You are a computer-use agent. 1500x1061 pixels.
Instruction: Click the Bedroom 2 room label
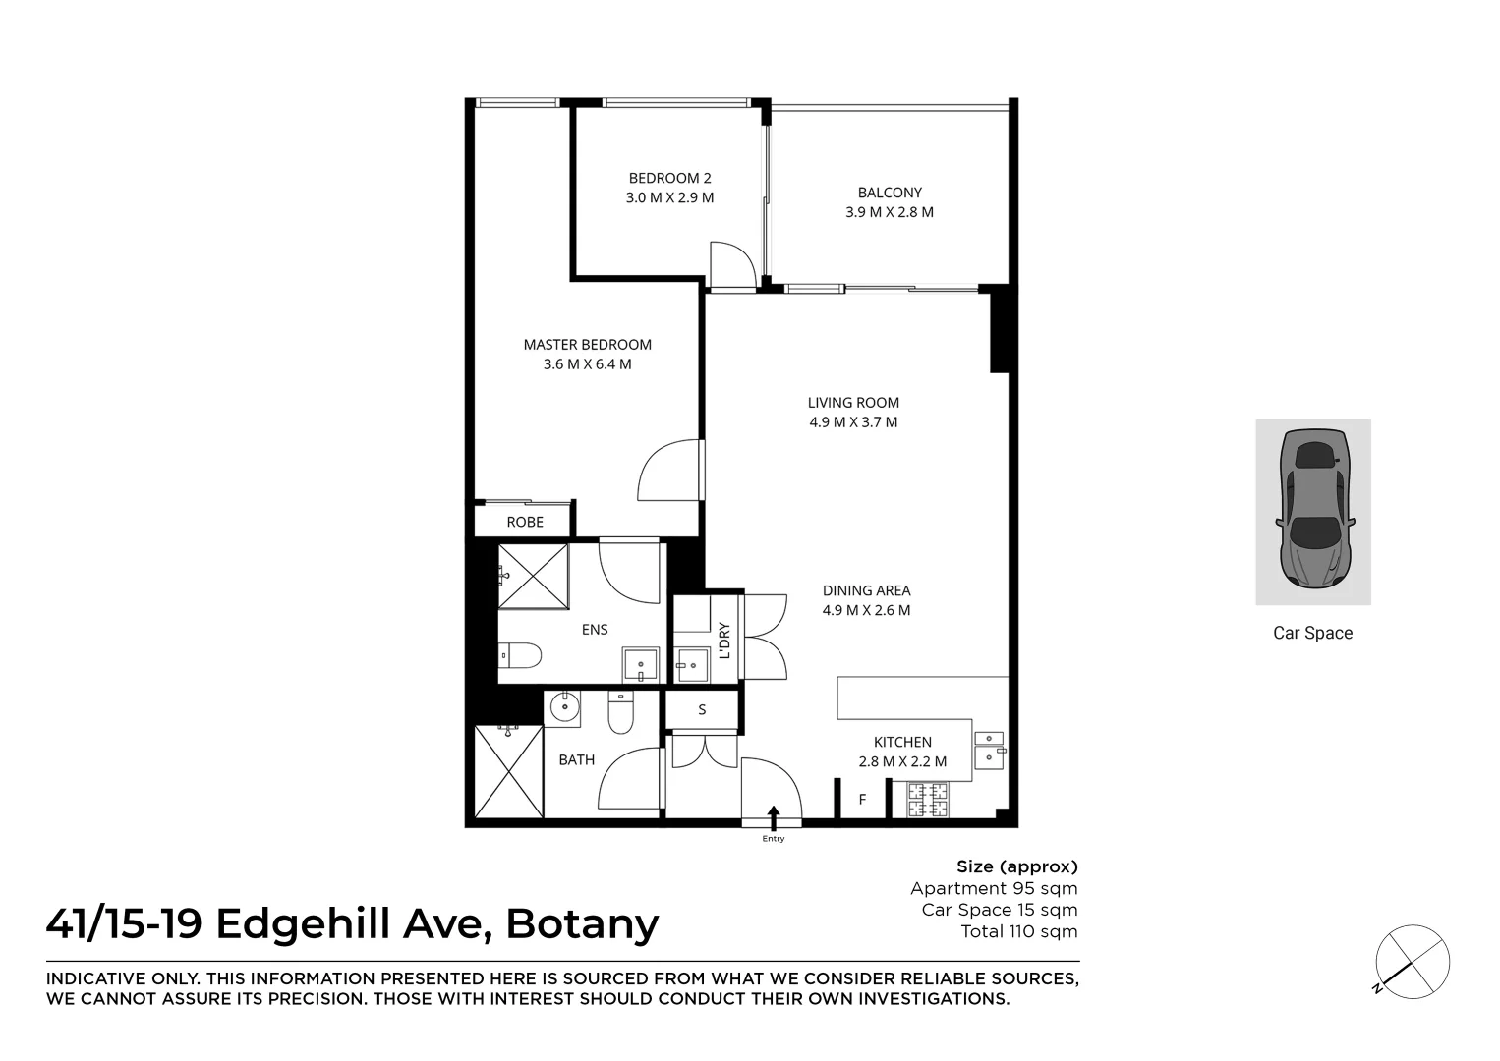coord(669,178)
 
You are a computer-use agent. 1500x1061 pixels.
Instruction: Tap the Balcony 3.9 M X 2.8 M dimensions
coord(890,212)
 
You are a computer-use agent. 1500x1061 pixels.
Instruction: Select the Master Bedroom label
coord(587,345)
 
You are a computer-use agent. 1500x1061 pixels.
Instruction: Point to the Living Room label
coord(853,403)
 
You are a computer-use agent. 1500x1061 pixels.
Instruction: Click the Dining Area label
coord(866,590)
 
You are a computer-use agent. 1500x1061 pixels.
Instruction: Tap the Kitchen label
coord(902,743)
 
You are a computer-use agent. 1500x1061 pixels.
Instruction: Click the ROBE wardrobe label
coord(525,522)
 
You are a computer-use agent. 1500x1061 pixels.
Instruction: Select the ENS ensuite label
coord(595,630)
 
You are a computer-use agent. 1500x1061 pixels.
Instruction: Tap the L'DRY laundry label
coord(724,641)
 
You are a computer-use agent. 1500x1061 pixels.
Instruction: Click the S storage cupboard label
coord(702,709)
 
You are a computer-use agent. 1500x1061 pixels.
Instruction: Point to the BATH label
coord(577,759)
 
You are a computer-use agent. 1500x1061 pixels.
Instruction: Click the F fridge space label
coord(862,800)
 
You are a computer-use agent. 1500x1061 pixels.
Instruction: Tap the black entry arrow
coord(774,815)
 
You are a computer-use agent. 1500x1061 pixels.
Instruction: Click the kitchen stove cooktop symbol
coord(928,800)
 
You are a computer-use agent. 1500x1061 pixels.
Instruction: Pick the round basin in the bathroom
coord(564,706)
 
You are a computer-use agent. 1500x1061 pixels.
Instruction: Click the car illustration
coord(1313,512)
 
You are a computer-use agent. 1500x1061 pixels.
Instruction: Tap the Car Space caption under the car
coord(1312,634)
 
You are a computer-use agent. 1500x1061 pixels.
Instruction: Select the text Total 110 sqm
coord(1018,931)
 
